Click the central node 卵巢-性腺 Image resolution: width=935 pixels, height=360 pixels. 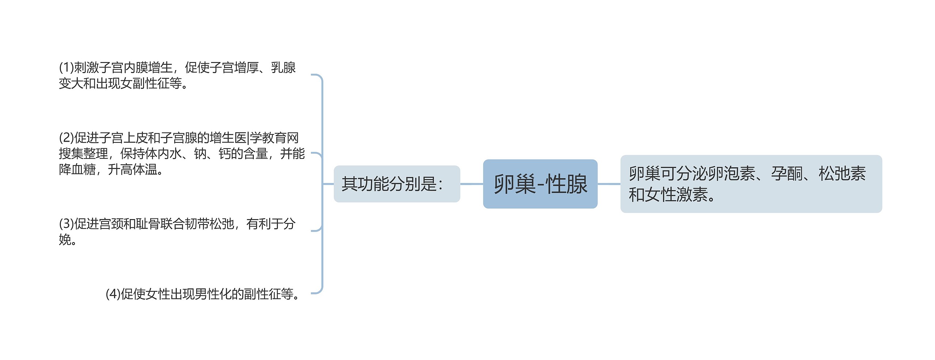(540, 184)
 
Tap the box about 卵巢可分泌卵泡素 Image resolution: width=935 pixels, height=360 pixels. (751, 184)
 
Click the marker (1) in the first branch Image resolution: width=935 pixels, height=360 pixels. (66, 68)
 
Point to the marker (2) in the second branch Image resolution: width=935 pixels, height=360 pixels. (66, 138)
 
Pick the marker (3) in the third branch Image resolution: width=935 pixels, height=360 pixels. (66, 224)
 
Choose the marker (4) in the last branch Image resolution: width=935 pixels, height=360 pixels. (113, 294)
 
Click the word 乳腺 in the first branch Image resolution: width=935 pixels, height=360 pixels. (283, 68)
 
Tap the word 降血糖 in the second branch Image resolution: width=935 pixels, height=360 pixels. (77, 169)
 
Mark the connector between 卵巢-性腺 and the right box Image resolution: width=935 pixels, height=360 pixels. (609, 184)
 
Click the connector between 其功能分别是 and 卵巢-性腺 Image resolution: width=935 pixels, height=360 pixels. (472, 184)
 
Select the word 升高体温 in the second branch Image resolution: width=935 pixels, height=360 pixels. (133, 169)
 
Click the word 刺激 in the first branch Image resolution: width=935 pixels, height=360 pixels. (86, 68)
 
